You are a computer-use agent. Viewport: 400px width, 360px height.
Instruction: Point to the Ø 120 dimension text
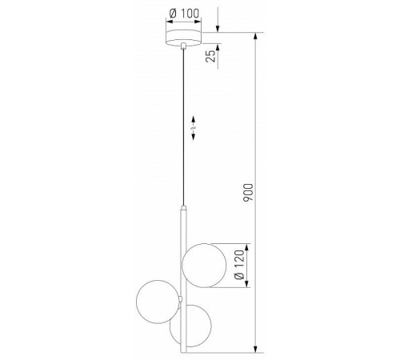pos(239,264)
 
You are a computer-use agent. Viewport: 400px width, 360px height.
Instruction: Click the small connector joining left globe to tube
pos(182,300)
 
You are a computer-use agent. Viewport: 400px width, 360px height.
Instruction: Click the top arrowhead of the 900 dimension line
pos(257,37)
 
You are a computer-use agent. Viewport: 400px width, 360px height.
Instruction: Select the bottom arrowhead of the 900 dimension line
pos(257,348)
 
